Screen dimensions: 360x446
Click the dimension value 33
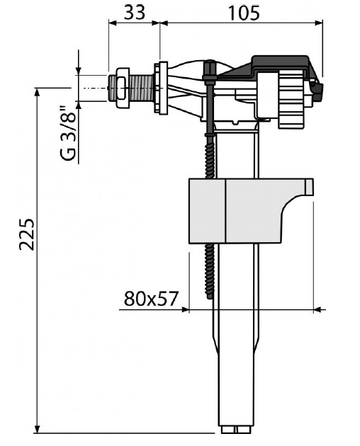point(135,13)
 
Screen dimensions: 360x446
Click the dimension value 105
point(244,13)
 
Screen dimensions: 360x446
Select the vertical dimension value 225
point(27,234)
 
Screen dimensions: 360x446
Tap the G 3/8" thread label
point(68,133)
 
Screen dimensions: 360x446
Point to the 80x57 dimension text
point(151,298)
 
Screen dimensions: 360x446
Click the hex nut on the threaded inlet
point(123,88)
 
